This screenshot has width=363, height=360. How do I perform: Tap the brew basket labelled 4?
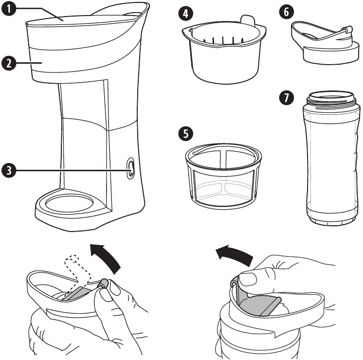[224, 58]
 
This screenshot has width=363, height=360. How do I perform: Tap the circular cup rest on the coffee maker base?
[68, 202]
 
